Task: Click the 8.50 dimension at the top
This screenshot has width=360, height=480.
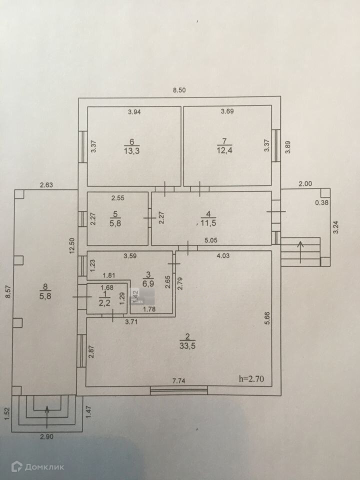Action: [x=179, y=90]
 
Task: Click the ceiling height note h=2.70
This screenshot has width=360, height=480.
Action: [x=254, y=379]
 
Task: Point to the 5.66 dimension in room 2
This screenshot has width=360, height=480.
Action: [x=266, y=318]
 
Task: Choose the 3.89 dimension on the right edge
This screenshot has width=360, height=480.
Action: [x=287, y=148]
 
